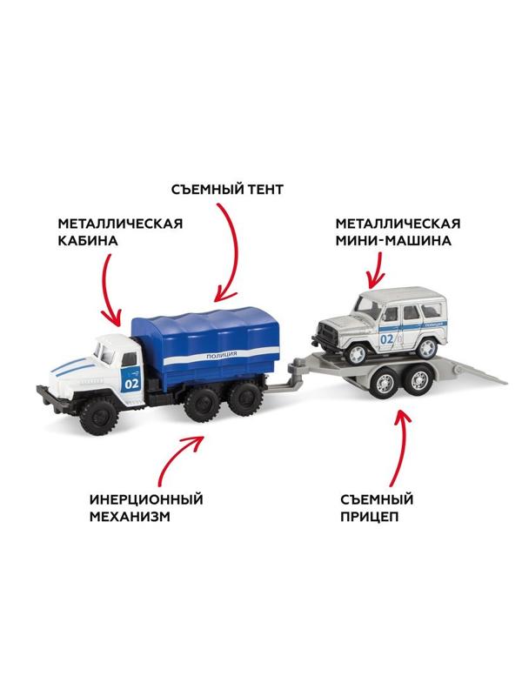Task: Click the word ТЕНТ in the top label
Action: [x=260, y=189]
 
